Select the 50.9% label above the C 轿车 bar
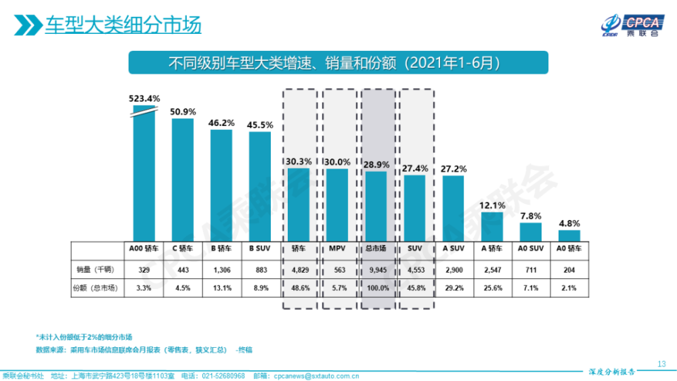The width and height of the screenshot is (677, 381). tap(183, 112)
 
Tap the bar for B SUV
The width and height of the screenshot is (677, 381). tap(261, 186)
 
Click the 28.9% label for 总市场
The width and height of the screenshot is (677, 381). tap(376, 164)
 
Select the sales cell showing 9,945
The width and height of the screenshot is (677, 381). tap(376, 270)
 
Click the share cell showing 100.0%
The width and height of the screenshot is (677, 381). tap(376, 288)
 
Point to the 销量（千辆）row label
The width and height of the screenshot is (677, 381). tap(95, 270)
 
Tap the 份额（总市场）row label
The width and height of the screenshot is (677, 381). tap(95, 288)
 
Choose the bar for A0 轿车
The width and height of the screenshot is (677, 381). tap(569, 236)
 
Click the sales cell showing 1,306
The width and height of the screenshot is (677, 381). tap(221, 270)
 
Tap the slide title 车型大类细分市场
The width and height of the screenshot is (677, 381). tap(123, 26)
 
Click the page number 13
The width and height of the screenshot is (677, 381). tap(662, 364)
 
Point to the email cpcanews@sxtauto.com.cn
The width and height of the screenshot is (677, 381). tap(315, 376)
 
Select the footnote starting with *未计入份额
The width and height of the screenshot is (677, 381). tap(84, 337)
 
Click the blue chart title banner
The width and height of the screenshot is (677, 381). tap(338, 63)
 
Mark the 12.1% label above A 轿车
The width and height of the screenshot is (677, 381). tap(492, 205)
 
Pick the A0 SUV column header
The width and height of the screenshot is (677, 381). tap(531, 248)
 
